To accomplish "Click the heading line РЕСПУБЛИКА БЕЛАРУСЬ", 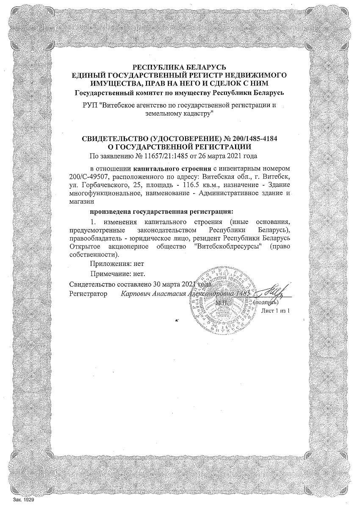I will click(180, 67).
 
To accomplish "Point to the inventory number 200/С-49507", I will click(88, 176).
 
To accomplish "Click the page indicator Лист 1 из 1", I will click(276, 311).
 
